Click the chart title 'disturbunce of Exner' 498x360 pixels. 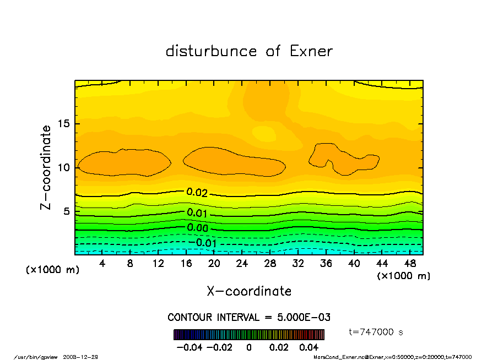point(249,51)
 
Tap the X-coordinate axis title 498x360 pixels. point(249,291)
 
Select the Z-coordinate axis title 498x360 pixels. point(46,167)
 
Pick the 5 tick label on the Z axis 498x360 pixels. point(66,211)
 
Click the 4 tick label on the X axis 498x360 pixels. point(102,264)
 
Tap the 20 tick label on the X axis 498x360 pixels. point(214,264)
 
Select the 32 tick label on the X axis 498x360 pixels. point(298,264)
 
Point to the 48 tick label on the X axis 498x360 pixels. point(410,264)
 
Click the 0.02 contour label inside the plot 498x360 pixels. point(197,193)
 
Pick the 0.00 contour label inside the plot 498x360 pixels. point(197,228)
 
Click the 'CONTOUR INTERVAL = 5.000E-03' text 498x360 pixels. point(249,318)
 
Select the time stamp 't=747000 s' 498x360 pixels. point(377,332)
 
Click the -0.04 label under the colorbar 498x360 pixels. point(187,347)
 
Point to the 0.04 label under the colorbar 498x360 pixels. point(309,347)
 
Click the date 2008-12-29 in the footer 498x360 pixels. point(86,357)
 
